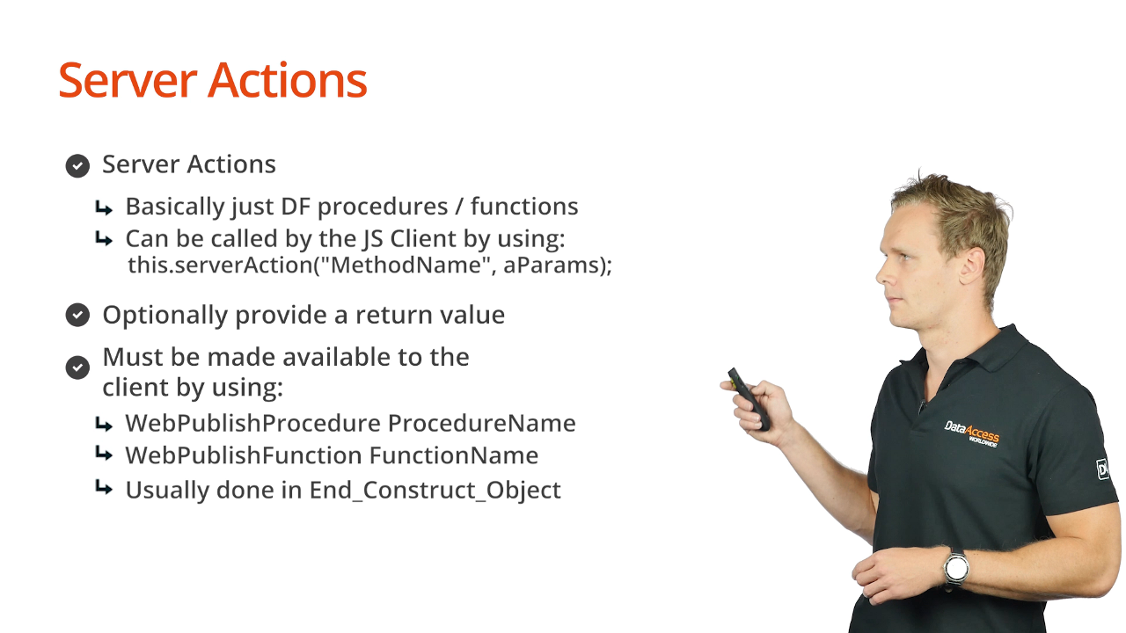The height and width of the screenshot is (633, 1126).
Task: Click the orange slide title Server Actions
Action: [213, 80]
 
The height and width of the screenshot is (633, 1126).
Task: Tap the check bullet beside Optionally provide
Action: [77, 315]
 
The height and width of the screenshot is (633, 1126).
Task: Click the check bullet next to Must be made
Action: [77, 367]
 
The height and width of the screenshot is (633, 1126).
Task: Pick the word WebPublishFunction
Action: [244, 455]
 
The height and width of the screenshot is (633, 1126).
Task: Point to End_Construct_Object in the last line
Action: [435, 491]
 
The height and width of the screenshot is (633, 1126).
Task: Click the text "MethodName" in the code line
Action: [406, 265]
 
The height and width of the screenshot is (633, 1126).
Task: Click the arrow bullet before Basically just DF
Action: [104, 207]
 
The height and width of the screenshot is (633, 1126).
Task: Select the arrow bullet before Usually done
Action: [104, 487]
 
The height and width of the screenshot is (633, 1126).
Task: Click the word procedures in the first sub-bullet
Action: [383, 207]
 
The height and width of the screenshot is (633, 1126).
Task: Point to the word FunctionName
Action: [454, 455]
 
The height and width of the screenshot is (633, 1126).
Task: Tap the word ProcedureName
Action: [481, 423]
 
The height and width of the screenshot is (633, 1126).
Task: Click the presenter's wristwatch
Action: [955, 568]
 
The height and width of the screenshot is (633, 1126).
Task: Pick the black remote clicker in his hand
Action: [749, 399]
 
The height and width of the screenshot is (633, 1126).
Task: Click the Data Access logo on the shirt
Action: [972, 433]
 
